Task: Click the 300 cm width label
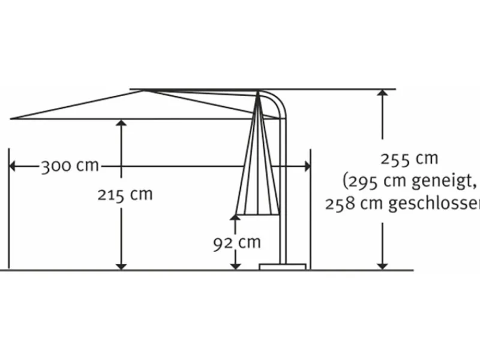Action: [70, 166]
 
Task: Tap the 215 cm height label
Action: [125, 194]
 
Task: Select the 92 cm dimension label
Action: [237, 242]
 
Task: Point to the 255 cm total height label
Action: [409, 159]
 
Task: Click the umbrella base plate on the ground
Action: [283, 266]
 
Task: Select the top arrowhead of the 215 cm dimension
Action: [121, 124]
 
